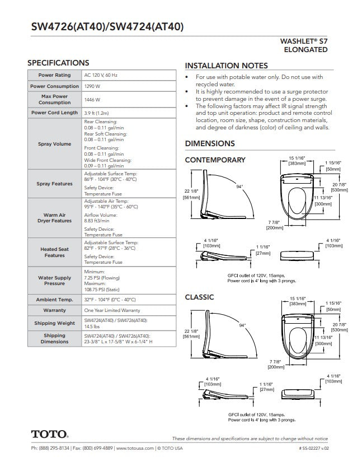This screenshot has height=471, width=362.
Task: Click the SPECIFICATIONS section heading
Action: coord(58,63)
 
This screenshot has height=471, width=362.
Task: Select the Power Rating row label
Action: coord(54,74)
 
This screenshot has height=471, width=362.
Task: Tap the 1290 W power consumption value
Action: coord(92,87)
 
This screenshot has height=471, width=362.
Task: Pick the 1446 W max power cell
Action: coord(92,100)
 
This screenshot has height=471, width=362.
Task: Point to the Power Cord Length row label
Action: coord(54,113)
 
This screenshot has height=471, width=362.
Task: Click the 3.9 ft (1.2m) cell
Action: coord(96,113)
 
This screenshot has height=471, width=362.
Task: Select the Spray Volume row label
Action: coord(54,144)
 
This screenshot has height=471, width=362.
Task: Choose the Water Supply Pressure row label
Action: coord(54,281)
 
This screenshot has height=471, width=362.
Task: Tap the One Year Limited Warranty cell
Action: coord(112,310)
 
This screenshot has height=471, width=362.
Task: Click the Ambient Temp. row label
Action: coord(54,300)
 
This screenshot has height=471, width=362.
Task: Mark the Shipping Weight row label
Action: coord(54,323)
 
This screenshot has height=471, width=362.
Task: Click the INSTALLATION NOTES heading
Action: coord(226,66)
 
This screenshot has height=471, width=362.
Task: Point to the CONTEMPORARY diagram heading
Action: coord(215,160)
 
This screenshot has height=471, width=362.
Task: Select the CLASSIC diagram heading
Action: coord(199,297)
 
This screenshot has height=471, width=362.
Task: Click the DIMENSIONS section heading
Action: coord(210,144)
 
